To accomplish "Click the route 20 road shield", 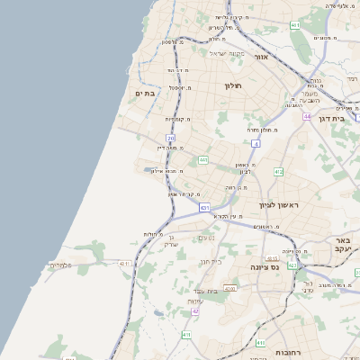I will [x=171, y=138].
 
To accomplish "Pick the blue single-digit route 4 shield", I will [x=256, y=143].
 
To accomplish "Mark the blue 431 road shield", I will [x=205, y=208].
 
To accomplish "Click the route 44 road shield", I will [x=307, y=116].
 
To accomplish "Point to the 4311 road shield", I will [x=229, y=289].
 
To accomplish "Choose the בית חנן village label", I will [x=210, y=260].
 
